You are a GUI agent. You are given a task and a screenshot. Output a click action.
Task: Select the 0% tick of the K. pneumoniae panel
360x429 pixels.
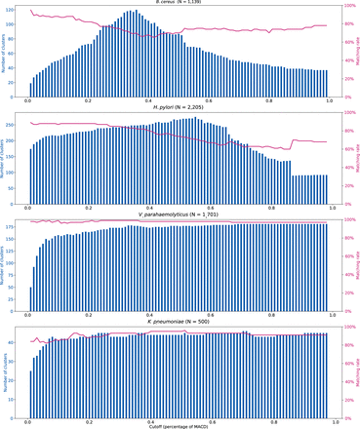(344, 413)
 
